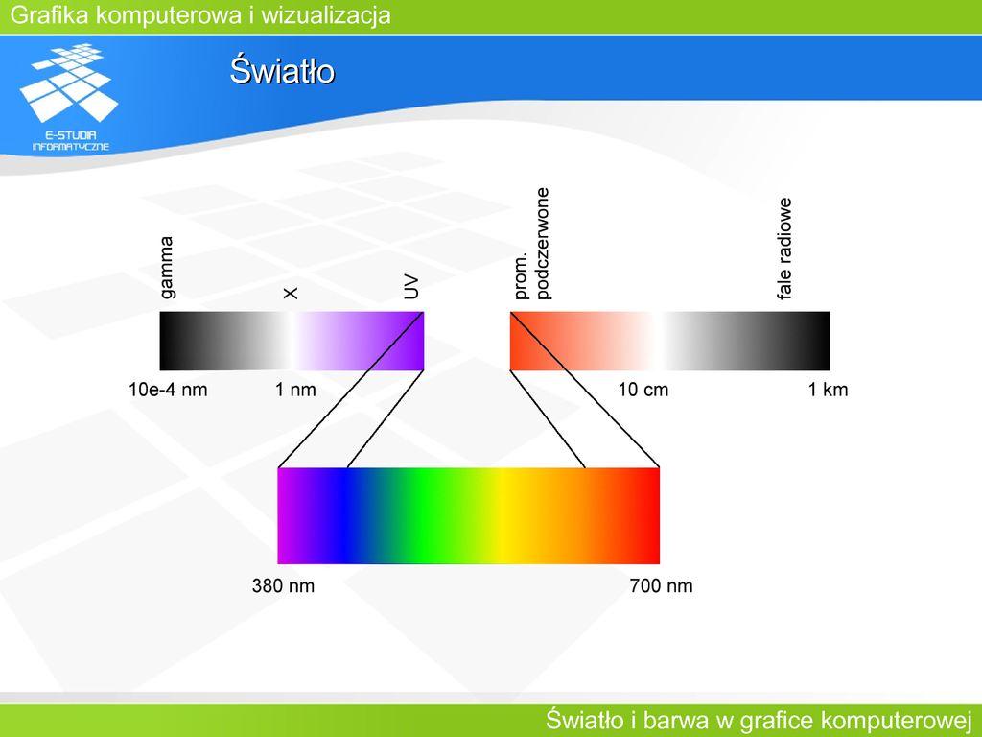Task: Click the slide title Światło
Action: coord(282,70)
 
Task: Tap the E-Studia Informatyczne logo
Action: coord(69,97)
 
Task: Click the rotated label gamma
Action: coord(167,268)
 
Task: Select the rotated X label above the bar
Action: coord(291,293)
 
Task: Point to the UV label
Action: coord(410,288)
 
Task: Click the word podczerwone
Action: coord(543,244)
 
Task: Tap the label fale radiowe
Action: coord(784,249)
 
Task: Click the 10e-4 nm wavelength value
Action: coord(168,390)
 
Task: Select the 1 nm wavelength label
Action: coord(295,390)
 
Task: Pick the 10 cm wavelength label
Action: coord(643,390)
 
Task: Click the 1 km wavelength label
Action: coord(828,390)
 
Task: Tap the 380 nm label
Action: coord(283,586)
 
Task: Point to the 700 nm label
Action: coord(662,586)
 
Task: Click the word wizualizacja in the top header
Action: coord(326,15)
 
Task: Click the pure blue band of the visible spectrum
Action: coord(344,515)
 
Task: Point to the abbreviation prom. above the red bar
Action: coord(521,275)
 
